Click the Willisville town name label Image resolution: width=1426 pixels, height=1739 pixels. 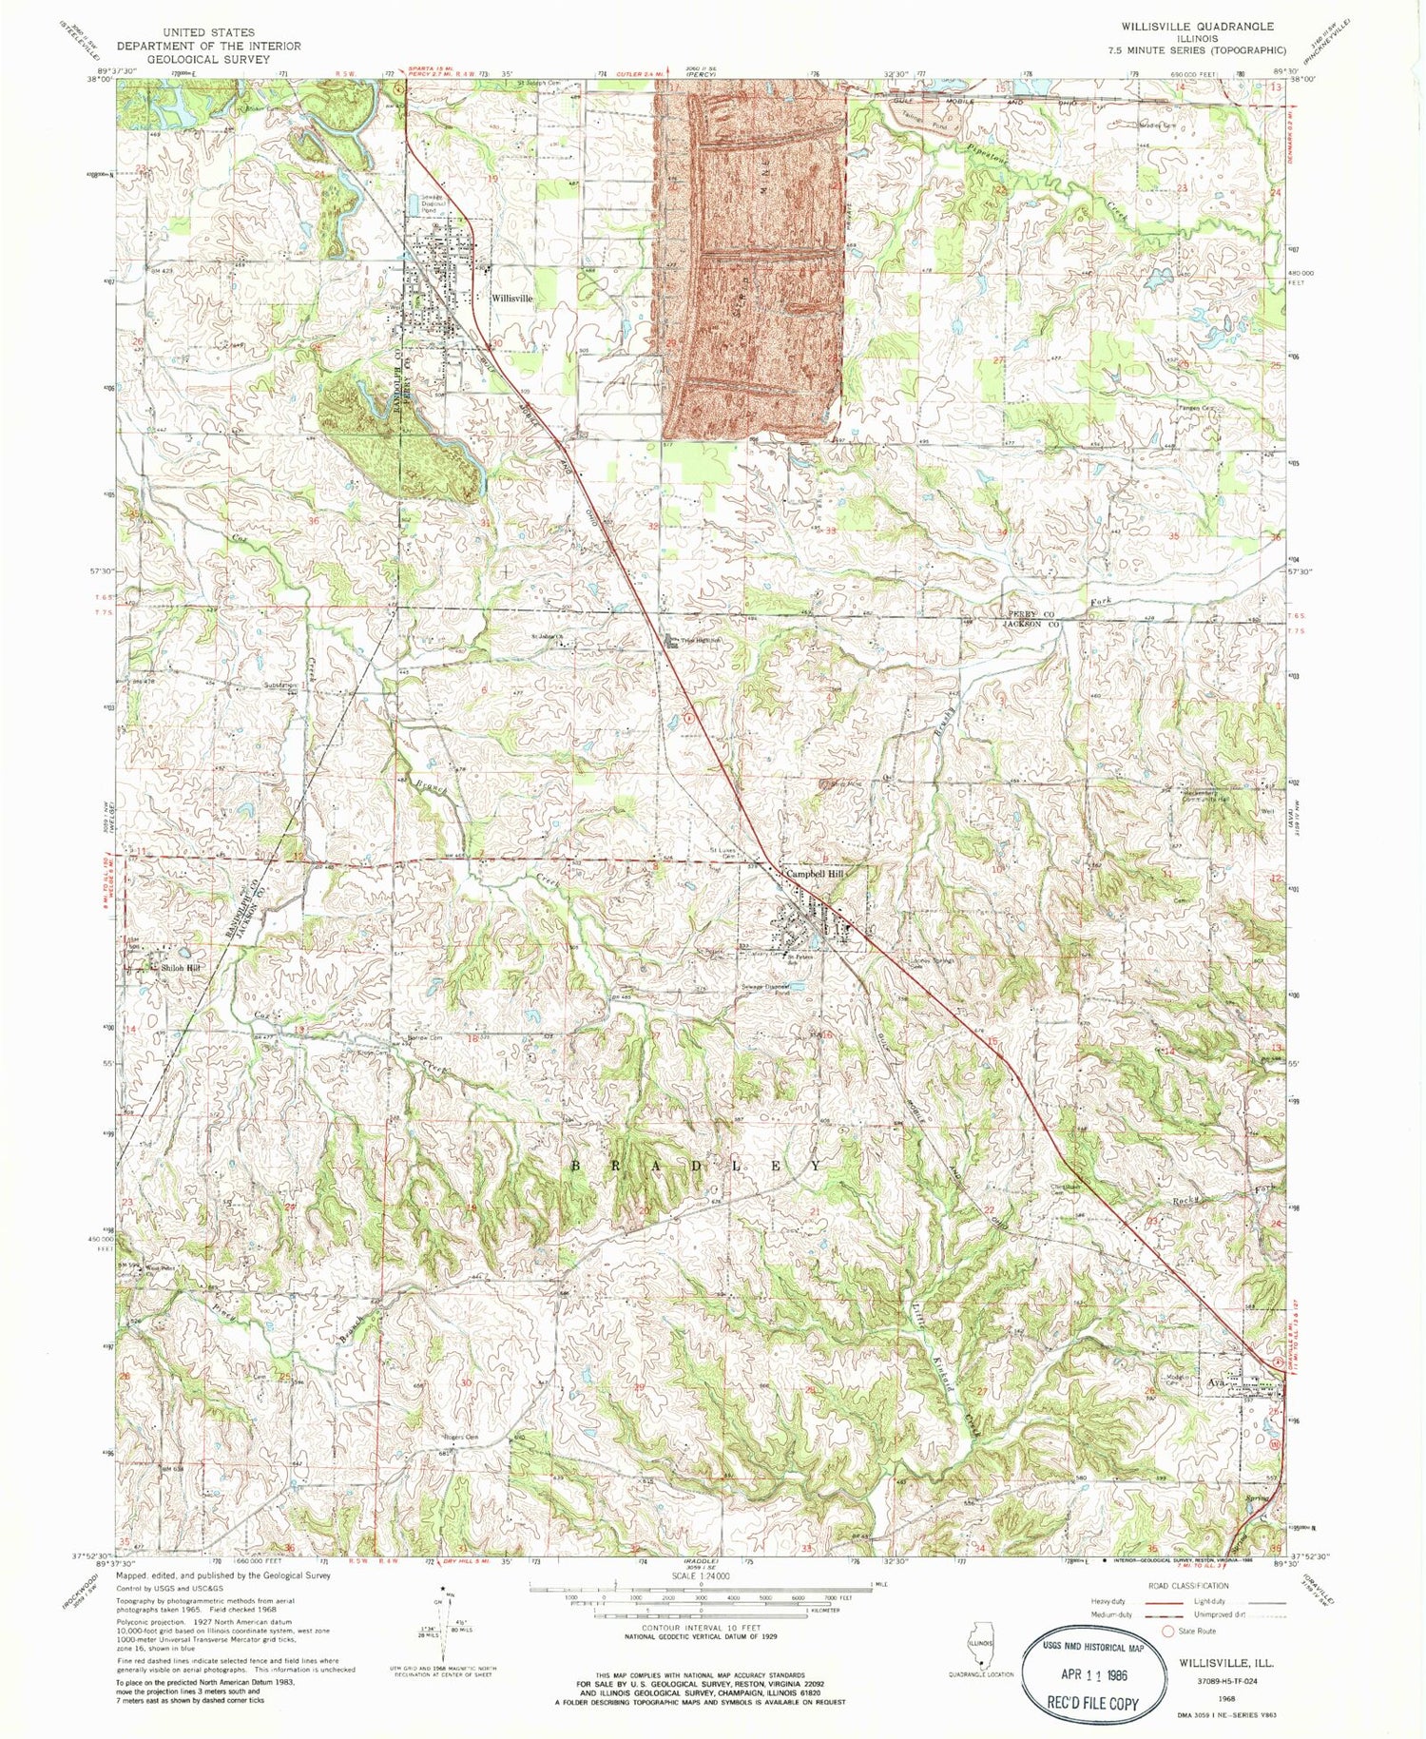[511, 298]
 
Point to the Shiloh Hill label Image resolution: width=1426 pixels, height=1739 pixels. [182, 968]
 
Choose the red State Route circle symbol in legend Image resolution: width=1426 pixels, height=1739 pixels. [1169, 1631]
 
